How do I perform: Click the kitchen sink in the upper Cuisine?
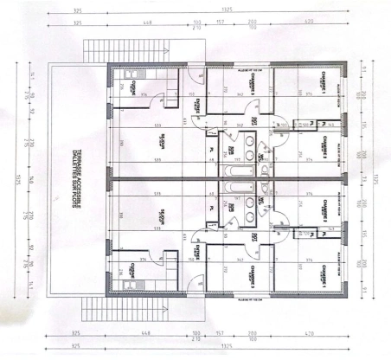(x=134, y=87)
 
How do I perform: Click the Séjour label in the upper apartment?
(x=162, y=138)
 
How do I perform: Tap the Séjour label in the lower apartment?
(x=162, y=216)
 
